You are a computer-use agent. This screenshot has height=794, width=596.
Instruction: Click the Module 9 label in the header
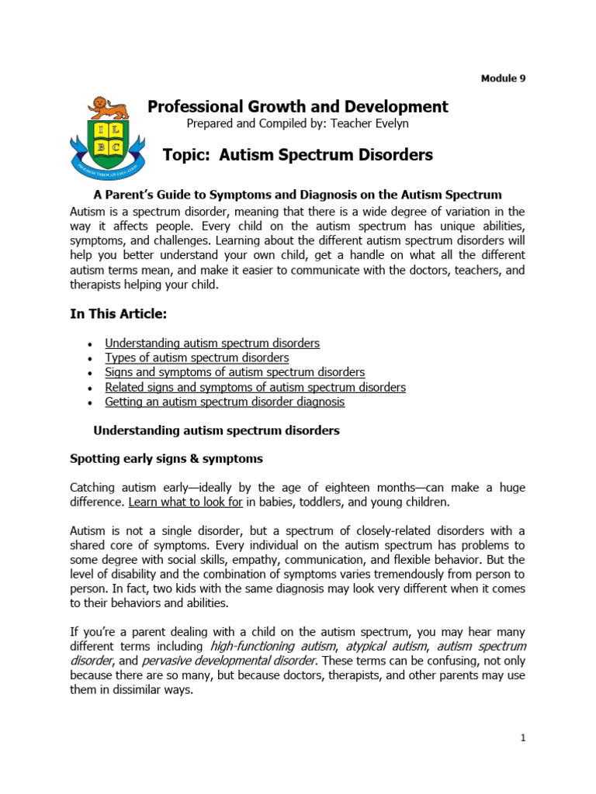tap(503, 78)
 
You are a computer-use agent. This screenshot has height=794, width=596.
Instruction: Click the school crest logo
tap(106, 135)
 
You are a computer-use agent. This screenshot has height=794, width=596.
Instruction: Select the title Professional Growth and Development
tap(298, 106)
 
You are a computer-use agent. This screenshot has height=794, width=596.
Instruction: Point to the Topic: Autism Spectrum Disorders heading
tap(298, 155)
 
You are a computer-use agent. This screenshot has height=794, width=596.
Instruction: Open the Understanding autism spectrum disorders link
tap(212, 343)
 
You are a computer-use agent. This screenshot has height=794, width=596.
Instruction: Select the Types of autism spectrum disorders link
tap(196, 357)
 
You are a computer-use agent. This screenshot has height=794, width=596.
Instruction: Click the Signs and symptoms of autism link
tap(234, 372)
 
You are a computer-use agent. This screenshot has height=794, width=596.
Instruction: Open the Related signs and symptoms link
tap(255, 387)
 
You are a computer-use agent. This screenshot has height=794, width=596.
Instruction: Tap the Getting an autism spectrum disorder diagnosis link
tap(224, 402)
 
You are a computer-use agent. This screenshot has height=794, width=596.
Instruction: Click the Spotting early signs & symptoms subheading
tap(166, 459)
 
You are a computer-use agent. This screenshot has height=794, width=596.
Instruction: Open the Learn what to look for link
tap(185, 502)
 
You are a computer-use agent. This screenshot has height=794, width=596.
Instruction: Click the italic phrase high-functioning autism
tap(258, 646)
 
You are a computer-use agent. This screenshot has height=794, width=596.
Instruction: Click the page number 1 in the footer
tap(523, 738)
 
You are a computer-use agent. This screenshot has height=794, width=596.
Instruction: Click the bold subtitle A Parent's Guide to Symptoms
tap(297, 195)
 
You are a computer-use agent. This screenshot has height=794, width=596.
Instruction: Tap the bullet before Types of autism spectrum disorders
tap(91, 358)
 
